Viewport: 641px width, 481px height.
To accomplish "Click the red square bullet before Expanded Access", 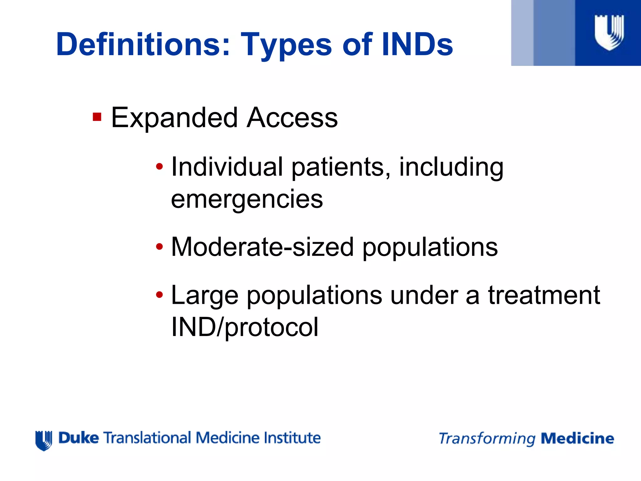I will [x=97, y=117].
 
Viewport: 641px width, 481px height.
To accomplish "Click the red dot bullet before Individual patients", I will [x=160, y=166].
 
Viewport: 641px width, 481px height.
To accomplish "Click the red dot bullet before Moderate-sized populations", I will [x=160, y=246].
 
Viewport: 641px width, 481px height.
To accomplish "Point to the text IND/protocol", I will [x=245, y=327].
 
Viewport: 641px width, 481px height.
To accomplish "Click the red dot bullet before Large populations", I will [x=160, y=294].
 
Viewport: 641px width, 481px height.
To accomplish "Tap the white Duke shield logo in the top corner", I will [x=609, y=32].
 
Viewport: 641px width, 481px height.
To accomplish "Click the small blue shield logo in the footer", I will [x=44, y=440].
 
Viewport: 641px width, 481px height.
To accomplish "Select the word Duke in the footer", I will [x=79, y=438].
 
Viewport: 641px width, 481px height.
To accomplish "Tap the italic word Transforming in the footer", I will [x=487, y=439].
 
